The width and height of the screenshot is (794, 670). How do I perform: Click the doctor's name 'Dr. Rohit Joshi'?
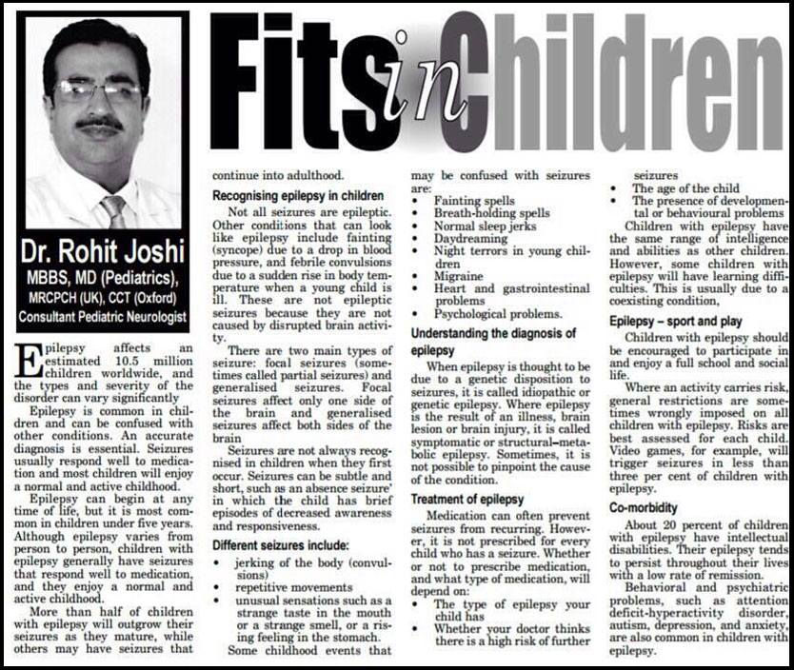tap(100, 255)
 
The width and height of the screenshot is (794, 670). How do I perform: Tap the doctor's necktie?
tap(114, 210)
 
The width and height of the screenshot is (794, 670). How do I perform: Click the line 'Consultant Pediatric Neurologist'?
tap(102, 316)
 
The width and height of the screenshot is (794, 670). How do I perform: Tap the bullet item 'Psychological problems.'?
tap(496, 313)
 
